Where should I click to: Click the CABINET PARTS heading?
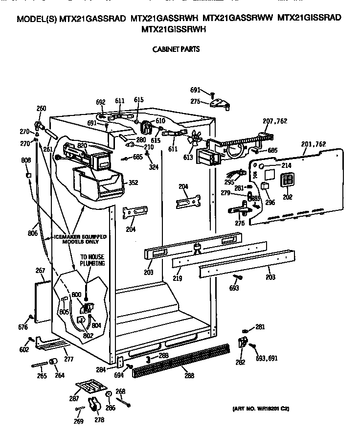pos(176,49)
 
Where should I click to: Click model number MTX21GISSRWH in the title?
pos(173,29)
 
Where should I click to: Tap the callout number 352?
pos(133,183)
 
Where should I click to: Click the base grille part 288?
pos(181,360)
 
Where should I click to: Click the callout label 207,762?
pos(275,121)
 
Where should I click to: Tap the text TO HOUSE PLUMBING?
pos(93,260)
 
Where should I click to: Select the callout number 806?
pos(33,233)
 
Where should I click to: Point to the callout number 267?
pos(40,271)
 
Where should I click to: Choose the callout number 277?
pos(68,359)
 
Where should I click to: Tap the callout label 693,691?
pos(267,358)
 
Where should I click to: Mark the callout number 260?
pos(42,109)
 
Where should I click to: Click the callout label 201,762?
pos(314,144)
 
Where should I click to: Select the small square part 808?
pos(29,175)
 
